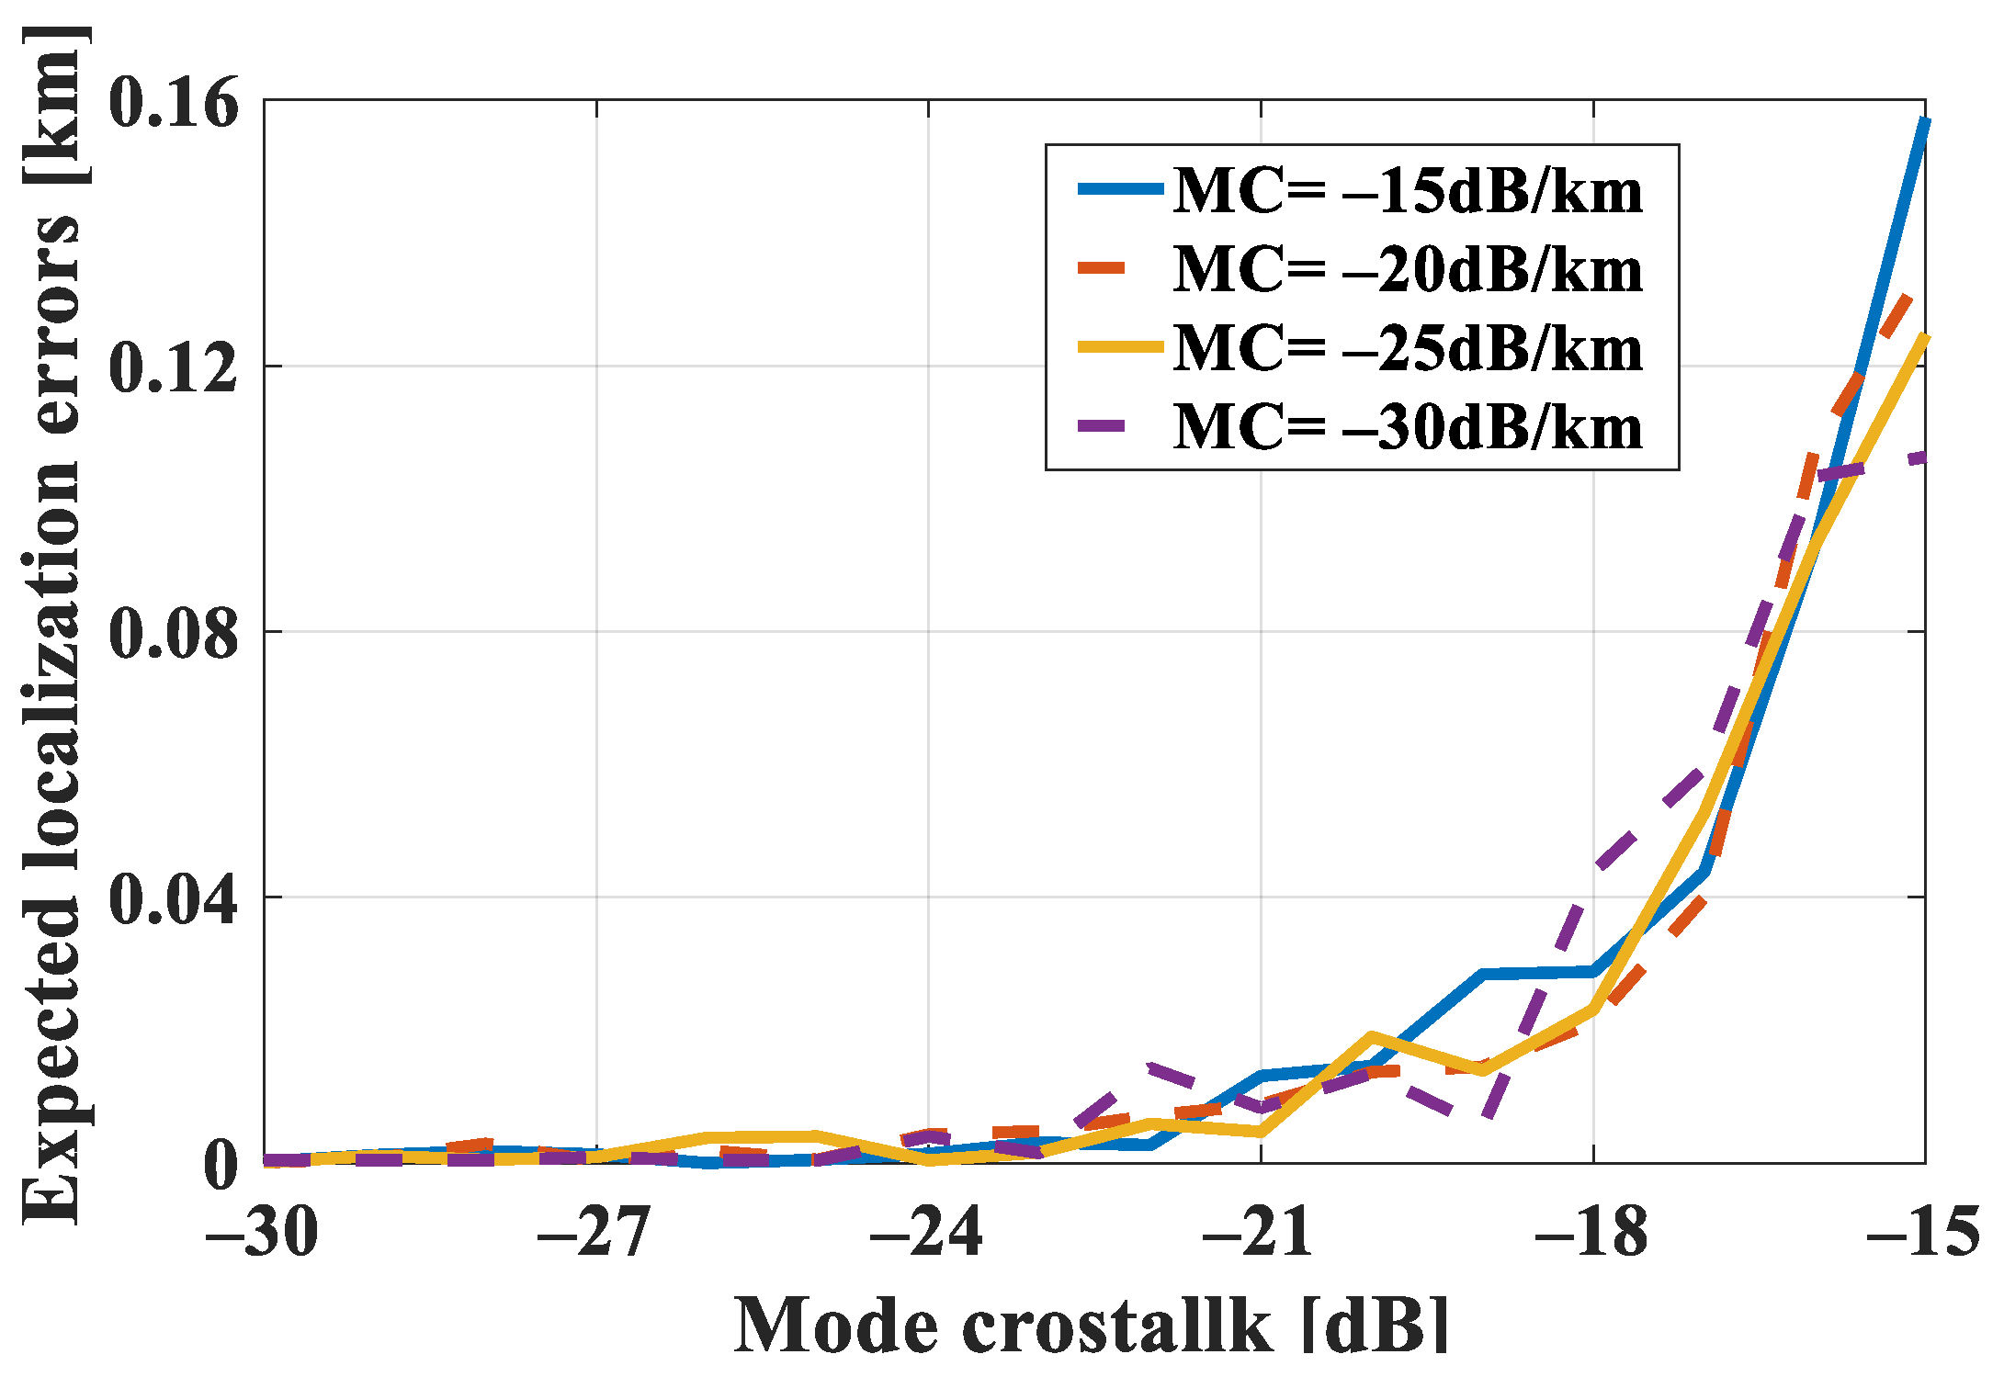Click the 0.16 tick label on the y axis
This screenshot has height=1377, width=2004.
pyautogui.click(x=173, y=102)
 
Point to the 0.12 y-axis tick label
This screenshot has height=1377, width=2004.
pyautogui.click(x=173, y=367)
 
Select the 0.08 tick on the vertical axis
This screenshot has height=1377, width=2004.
pyautogui.click(x=173, y=633)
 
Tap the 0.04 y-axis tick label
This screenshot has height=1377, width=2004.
pyautogui.click(x=173, y=898)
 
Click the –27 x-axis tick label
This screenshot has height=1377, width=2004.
pyautogui.click(x=594, y=1231)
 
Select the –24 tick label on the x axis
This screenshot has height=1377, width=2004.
pyautogui.click(x=927, y=1231)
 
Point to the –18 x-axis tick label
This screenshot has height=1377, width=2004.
pyautogui.click(x=1591, y=1231)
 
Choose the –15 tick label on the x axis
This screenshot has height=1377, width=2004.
pyautogui.click(x=1922, y=1231)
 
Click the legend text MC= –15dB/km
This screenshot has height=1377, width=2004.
pyautogui.click(x=1408, y=191)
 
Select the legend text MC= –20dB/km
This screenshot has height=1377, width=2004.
pyautogui.click(x=1408, y=270)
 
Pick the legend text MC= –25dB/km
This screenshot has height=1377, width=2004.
pyautogui.click(x=1408, y=349)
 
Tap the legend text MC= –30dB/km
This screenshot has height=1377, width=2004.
pyautogui.click(x=1408, y=428)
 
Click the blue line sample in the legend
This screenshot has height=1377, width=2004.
pyautogui.click(x=1119, y=189)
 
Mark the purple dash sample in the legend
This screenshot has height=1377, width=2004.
pyautogui.click(x=1101, y=425)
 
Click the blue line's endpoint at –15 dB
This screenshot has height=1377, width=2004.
pyautogui.click(x=1924, y=120)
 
